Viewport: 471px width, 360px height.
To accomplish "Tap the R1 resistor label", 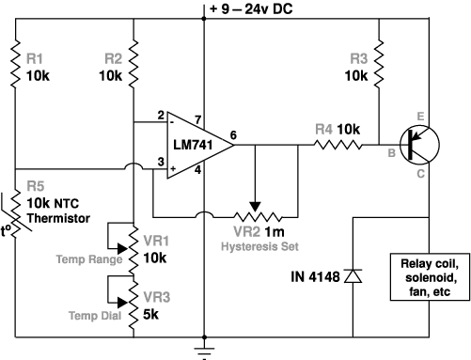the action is [34, 59].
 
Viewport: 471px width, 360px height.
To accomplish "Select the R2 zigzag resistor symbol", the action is [133, 64].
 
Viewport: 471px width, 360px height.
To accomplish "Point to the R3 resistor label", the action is [358, 59].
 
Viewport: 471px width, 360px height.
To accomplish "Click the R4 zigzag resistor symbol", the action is [338, 145].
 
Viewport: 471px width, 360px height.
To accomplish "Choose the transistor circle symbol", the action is [419, 145].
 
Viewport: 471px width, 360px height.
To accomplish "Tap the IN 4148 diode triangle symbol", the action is [353, 276].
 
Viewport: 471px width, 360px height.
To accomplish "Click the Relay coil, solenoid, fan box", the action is [430, 277].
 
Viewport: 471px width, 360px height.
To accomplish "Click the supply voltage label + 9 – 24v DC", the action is [251, 8].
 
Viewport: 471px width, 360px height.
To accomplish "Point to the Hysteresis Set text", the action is [259, 246].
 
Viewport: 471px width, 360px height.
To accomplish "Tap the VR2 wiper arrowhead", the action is [256, 207].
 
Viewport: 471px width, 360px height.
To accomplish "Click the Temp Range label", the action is [89, 259].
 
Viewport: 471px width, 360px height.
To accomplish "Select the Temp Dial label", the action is [95, 316].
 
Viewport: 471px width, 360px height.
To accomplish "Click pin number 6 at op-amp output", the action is [233, 135].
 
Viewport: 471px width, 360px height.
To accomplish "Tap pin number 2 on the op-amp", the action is [161, 116].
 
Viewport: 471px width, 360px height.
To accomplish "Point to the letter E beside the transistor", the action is [420, 117].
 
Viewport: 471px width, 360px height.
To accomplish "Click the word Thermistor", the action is [58, 218].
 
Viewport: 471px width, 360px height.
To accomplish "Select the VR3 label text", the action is [156, 297].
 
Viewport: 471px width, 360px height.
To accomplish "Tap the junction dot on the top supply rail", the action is [204, 19].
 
